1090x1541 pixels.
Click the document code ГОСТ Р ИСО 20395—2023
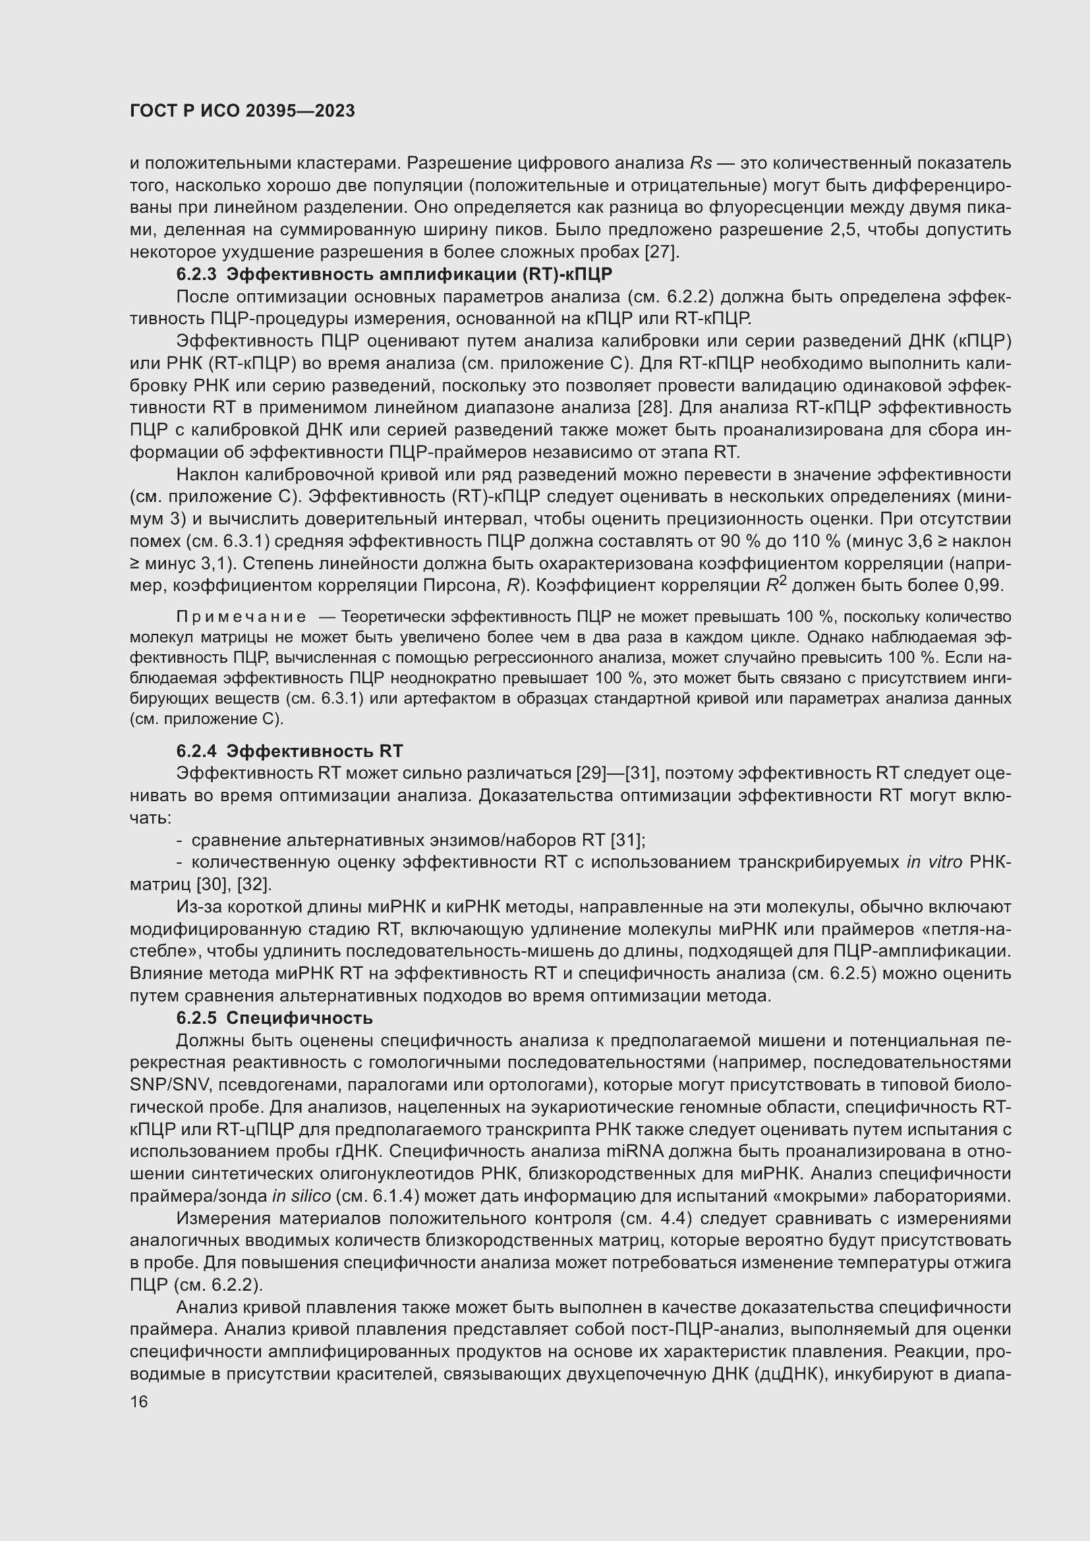point(243,111)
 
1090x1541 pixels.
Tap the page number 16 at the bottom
point(139,1402)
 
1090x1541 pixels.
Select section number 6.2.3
point(196,275)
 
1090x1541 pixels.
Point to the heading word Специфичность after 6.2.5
point(299,1018)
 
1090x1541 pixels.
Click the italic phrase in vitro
point(934,862)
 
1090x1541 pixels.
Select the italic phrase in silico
point(301,1196)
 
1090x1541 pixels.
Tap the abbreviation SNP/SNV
point(161,1085)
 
